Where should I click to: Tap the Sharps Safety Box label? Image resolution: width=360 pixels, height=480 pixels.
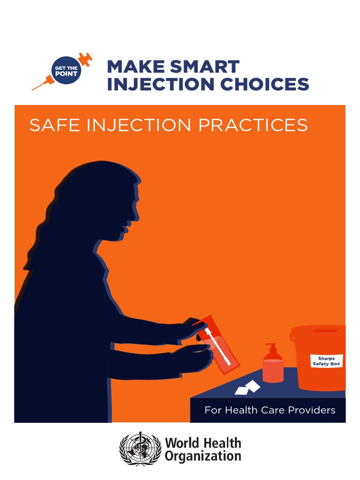[x=327, y=361]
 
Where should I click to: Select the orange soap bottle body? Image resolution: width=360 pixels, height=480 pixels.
[x=273, y=371]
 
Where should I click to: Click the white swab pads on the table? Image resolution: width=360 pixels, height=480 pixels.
[x=247, y=388]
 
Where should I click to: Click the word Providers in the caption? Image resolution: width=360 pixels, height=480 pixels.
[x=314, y=410]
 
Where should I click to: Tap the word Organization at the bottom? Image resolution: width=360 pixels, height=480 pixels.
[x=202, y=456]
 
